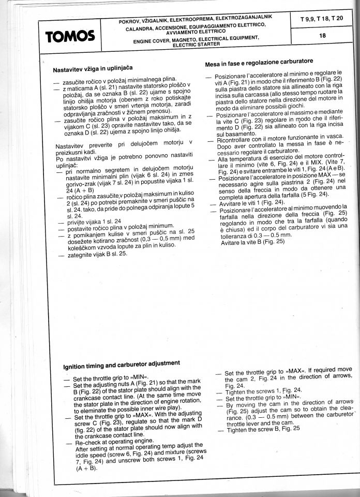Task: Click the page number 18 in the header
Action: click(322, 36)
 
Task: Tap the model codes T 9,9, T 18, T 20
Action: click(322, 19)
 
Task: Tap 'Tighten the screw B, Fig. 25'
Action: click(263, 429)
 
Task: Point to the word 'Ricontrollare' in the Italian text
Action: click(231, 140)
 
